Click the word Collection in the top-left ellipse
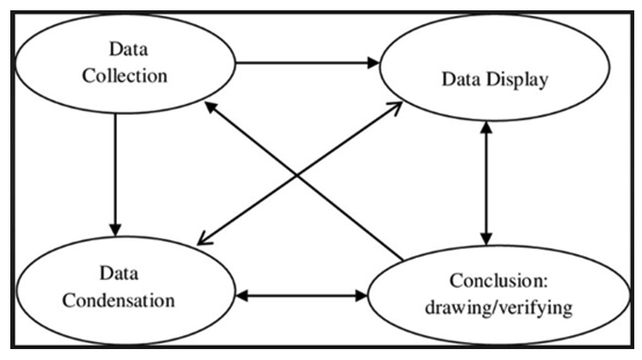[125, 75]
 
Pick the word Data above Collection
[125, 49]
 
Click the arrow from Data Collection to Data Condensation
[115, 174]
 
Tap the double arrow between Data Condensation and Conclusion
[301, 296]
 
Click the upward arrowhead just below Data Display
[486, 128]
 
